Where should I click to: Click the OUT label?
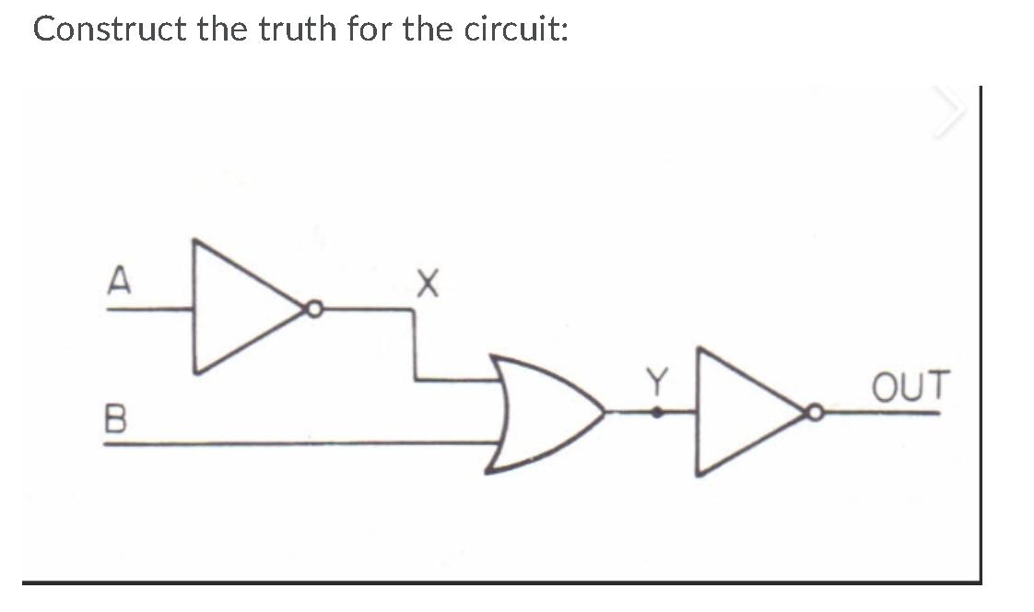(911, 386)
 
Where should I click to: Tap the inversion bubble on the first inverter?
(315, 311)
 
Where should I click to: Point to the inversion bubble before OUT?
(815, 414)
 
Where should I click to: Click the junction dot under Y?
(657, 414)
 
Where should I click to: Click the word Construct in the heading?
(109, 29)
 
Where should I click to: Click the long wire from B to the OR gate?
(295, 444)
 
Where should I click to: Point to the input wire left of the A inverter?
(147, 310)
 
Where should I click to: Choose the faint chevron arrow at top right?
(950, 113)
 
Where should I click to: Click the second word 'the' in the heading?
(425, 29)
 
